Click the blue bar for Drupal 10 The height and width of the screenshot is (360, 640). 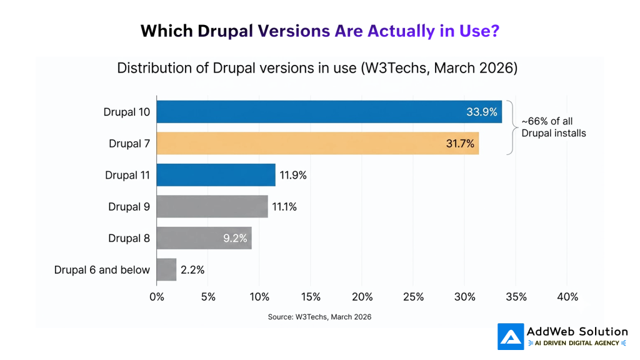[x=312, y=112]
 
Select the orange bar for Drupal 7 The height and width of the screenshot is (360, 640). [x=312, y=143]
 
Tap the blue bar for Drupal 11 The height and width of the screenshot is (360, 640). [x=216, y=175]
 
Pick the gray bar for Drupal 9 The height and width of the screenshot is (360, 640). [x=212, y=206]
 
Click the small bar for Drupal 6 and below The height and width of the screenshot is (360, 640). [x=166, y=269]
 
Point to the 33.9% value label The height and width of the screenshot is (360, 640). [x=482, y=112]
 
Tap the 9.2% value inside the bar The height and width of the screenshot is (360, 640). [x=234, y=238]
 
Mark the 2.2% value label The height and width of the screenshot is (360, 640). [x=192, y=270]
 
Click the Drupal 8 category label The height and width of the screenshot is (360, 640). [x=129, y=238]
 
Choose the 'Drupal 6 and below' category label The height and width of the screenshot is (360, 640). [x=102, y=270]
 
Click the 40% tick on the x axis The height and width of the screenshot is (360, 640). [x=567, y=297]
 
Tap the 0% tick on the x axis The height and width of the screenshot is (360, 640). [x=156, y=297]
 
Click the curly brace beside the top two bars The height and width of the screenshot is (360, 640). [x=511, y=127]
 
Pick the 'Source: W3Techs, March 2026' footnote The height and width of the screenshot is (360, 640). [x=319, y=317]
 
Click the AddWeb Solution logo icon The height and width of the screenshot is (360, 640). [x=510, y=336]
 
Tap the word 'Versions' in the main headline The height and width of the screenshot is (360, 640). [x=293, y=31]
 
